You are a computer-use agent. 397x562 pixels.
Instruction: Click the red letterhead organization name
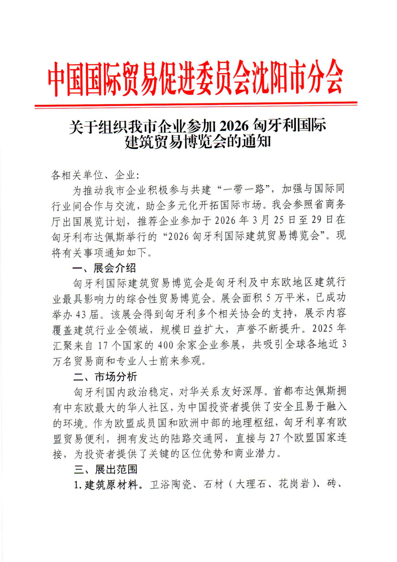point(195,78)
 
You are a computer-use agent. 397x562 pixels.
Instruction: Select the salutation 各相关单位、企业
point(95,175)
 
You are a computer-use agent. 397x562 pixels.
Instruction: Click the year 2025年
point(329,329)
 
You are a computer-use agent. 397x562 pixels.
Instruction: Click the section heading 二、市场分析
point(105,377)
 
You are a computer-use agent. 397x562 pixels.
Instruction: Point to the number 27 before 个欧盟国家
point(274,438)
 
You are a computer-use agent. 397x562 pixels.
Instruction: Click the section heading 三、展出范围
point(105,469)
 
